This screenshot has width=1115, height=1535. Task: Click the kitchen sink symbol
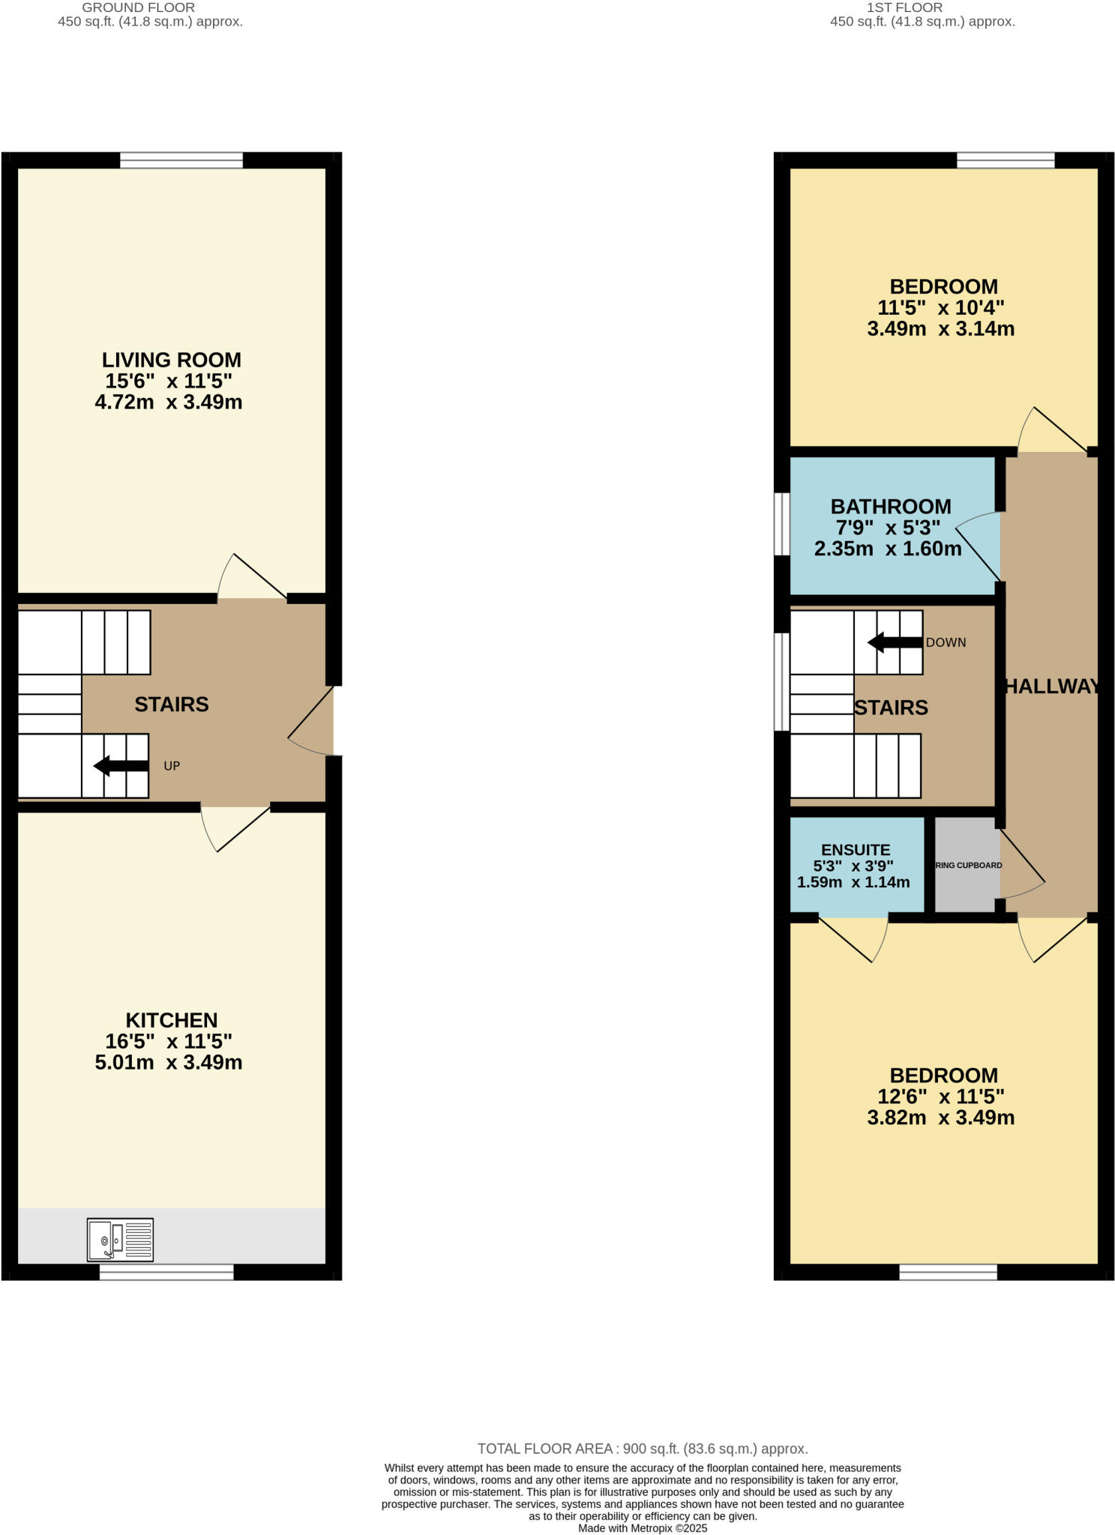point(120,1239)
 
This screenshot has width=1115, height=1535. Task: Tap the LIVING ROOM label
point(171,360)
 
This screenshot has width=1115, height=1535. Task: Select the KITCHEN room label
point(171,1020)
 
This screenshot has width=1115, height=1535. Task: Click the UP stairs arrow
point(121,765)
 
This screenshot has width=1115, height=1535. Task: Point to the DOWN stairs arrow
point(895,642)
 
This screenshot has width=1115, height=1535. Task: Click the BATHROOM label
point(890,507)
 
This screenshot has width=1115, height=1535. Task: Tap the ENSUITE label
point(856,850)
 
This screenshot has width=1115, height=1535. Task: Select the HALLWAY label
point(1051,686)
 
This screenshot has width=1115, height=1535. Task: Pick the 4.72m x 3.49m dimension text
point(169,402)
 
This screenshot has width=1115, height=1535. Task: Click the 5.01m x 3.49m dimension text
point(169,1062)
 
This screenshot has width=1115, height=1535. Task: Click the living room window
point(181,160)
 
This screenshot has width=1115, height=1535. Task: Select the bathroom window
point(781,523)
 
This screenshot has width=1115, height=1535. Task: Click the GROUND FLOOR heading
point(138,7)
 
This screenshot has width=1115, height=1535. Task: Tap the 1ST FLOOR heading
point(904,7)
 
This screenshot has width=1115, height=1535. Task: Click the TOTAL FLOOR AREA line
point(643,1449)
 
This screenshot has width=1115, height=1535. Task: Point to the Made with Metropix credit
point(643,1528)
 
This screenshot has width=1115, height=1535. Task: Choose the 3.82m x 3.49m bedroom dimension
point(940,1118)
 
